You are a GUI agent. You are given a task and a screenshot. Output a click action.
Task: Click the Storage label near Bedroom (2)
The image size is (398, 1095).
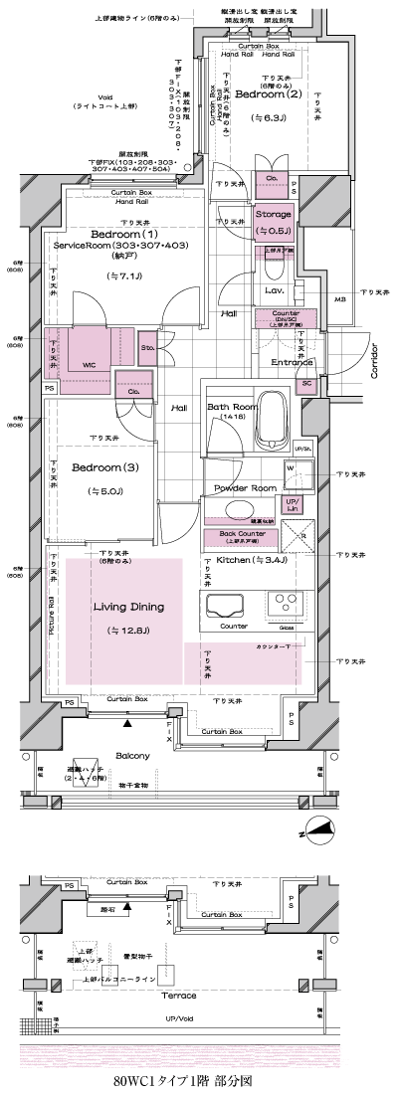(273, 214)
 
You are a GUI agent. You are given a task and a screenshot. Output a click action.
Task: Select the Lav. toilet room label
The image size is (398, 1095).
(276, 291)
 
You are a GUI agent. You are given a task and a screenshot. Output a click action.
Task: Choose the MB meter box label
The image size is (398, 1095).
(338, 297)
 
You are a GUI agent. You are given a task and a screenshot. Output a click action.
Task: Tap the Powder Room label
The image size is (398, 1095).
(244, 488)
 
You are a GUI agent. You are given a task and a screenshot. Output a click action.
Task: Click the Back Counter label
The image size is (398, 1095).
(240, 536)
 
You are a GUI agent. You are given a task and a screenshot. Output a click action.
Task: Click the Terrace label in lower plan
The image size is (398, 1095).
(173, 995)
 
